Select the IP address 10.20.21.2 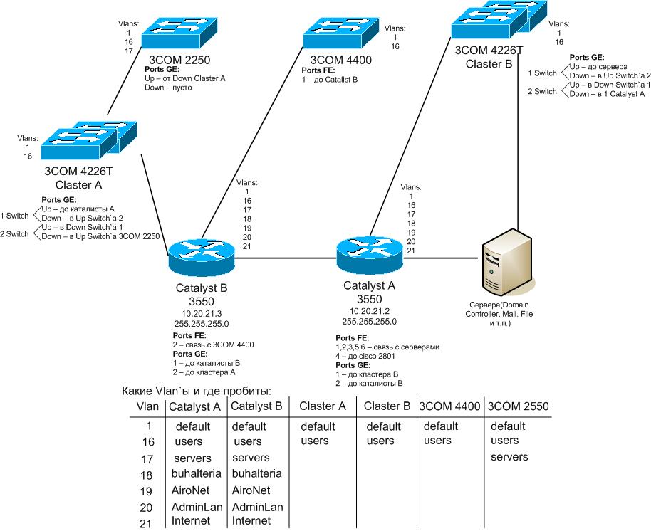[368, 311]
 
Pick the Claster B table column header [387, 406]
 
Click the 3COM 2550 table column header [518, 406]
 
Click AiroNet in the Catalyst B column [251, 490]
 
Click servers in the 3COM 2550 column [509, 456]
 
